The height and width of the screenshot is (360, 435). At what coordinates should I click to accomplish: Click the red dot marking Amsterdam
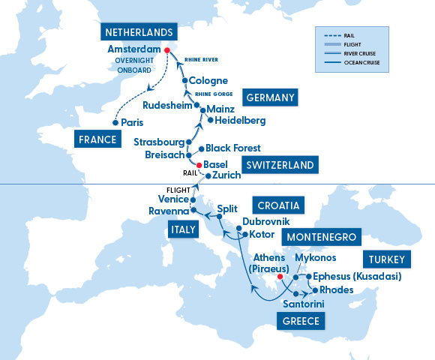(x=167, y=51)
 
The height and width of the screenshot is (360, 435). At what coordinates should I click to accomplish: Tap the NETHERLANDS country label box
(x=140, y=33)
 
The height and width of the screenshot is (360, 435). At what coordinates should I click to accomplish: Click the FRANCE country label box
(x=96, y=139)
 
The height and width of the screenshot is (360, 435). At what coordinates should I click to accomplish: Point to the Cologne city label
(x=208, y=80)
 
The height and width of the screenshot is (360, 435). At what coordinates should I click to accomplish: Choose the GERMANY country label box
(x=270, y=97)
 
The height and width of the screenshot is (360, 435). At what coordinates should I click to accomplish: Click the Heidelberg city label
(x=240, y=120)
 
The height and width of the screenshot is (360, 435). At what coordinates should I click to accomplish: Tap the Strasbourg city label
(x=158, y=142)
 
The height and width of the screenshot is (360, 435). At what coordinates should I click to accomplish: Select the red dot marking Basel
(x=199, y=165)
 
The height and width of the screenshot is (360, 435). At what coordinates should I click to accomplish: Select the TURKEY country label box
(x=387, y=260)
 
